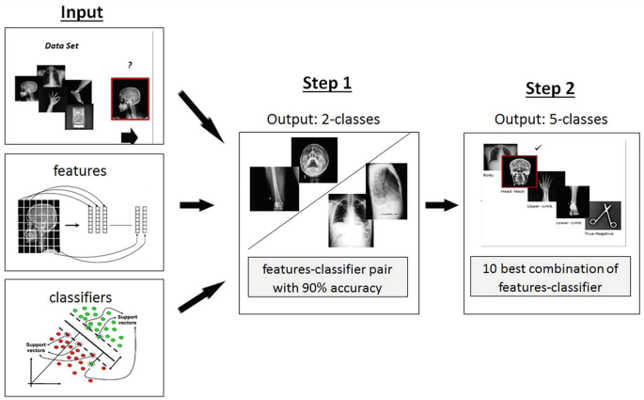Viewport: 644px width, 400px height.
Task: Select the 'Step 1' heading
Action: click(326, 84)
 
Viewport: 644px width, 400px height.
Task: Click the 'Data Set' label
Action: click(63, 45)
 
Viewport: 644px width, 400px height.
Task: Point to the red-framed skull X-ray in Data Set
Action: click(131, 99)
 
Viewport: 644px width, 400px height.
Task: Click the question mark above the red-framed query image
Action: click(129, 65)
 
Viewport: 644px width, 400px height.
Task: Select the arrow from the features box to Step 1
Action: click(196, 204)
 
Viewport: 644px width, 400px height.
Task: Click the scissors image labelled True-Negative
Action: click(603, 216)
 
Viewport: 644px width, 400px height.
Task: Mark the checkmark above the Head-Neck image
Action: click(537, 147)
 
